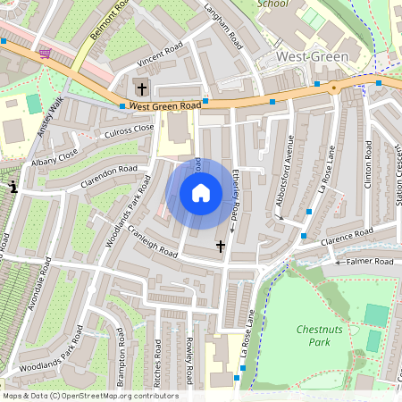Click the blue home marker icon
pos(201,193)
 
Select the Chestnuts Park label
pos(319,335)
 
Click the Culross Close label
pos(105,130)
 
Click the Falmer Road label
pos(370,262)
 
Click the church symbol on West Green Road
pos(140,87)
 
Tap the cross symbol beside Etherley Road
pos(221,245)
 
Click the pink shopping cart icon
pos(45,54)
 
